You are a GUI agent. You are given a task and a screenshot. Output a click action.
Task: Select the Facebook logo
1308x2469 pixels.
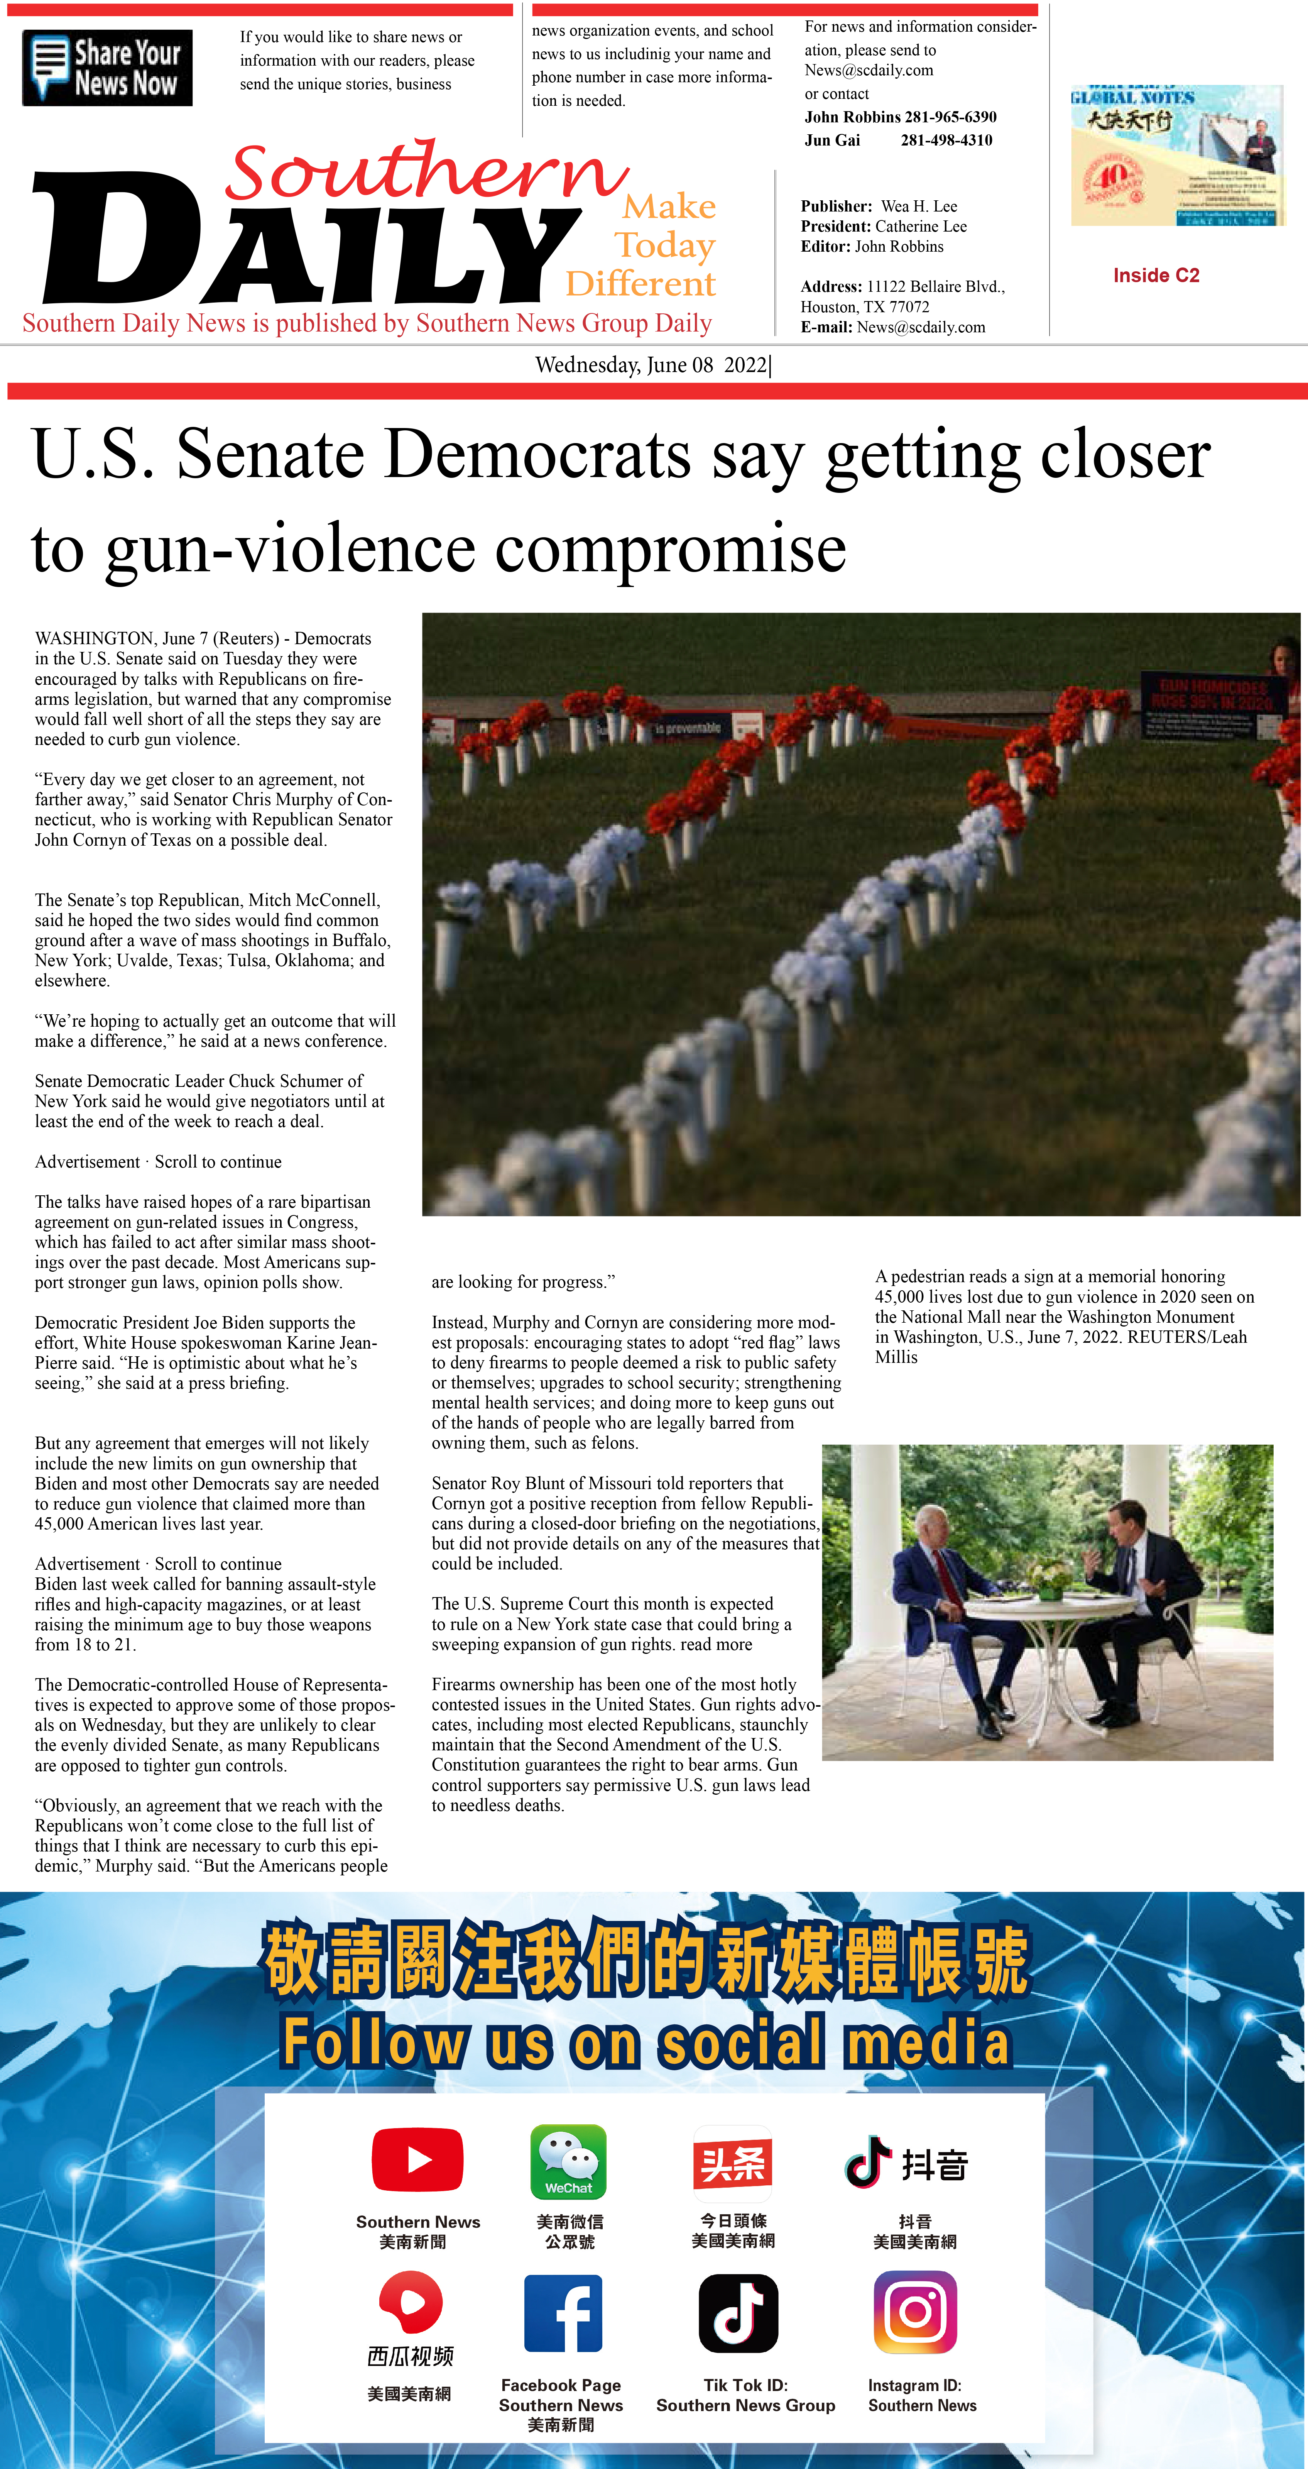563,2313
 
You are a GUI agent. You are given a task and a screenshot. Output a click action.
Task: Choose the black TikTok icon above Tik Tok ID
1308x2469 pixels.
738,2313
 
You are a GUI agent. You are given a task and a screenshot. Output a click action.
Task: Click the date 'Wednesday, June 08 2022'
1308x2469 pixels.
652,365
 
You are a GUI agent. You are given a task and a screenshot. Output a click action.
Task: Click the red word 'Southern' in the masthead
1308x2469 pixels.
426,173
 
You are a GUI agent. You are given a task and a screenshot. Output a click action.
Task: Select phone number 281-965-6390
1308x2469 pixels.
950,117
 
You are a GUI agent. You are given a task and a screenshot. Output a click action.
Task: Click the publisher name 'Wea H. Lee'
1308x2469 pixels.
919,206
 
